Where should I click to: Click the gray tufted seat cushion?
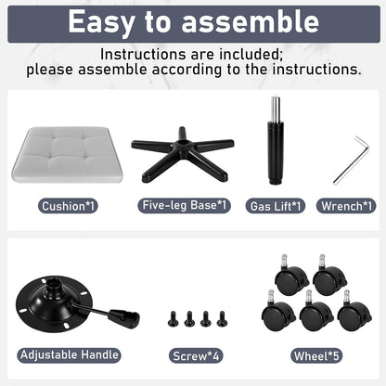[67, 154]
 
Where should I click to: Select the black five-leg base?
[183, 155]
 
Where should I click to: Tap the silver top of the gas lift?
[276, 109]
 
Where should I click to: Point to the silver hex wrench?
[352, 161]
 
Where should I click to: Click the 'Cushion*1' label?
[68, 206]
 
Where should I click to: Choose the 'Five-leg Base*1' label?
[185, 205]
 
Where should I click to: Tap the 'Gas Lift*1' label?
[276, 206]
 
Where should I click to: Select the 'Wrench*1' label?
[346, 206]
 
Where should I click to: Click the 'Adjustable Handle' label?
[69, 354]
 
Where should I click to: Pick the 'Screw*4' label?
[196, 356]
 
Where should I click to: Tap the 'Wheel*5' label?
[316, 356]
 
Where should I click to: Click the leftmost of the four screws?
[173, 319]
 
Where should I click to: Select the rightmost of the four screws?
[222, 319]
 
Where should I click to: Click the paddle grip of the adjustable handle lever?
[124, 318]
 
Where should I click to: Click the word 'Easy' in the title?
[101, 22]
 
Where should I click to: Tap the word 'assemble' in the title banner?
[251, 21]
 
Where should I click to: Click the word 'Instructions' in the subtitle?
[142, 55]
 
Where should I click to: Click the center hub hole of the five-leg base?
[182, 143]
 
